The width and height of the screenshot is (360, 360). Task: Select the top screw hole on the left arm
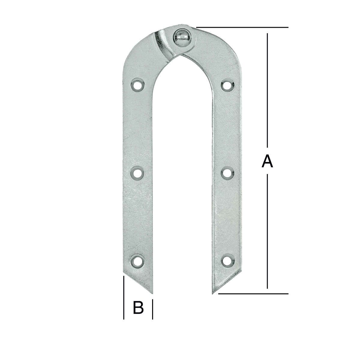[137, 85]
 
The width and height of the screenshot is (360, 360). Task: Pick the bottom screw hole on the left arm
[137, 261]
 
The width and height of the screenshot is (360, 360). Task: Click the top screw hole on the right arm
[227, 85]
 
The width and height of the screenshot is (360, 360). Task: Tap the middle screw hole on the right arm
[227, 173]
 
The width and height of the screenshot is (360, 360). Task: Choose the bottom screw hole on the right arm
[227, 261]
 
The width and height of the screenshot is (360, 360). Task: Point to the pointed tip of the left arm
[152, 294]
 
